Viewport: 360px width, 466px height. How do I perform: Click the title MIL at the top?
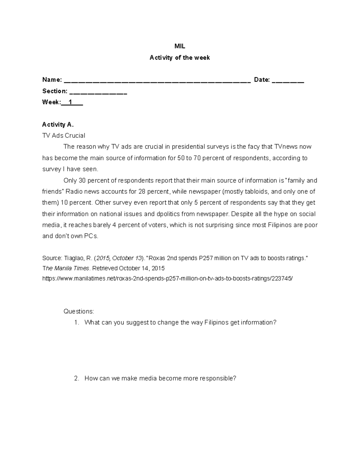180,47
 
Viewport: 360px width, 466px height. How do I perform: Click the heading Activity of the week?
180,58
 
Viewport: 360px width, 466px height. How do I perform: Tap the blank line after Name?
157,80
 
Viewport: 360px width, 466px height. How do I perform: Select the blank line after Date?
288,80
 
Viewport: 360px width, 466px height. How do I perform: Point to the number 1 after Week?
70,102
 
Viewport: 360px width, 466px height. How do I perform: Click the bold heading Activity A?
58,125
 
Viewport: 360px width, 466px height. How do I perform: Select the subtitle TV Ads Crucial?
64,136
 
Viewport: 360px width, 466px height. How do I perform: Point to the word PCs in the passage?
91,236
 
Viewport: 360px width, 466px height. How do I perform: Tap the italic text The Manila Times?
66,268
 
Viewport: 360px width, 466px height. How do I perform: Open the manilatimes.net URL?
167,278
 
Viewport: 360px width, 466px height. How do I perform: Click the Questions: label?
79,311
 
